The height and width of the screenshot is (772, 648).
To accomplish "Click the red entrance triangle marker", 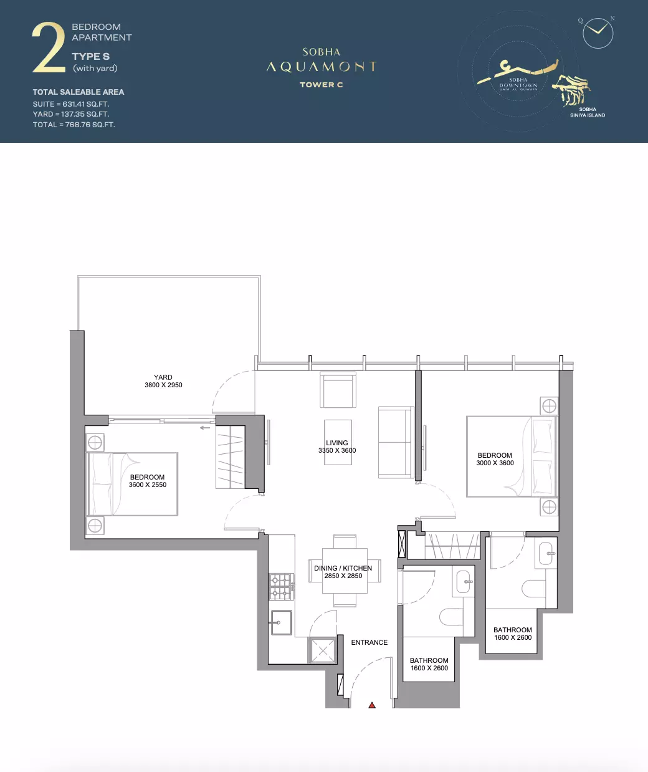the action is tap(372, 705).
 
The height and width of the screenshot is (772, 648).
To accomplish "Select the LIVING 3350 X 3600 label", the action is tap(337, 446).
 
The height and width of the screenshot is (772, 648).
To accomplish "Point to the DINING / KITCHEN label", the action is tap(343, 568).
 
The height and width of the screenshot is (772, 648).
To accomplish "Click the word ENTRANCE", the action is tap(369, 642).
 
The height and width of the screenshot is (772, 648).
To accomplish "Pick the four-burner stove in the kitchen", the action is tap(282, 586).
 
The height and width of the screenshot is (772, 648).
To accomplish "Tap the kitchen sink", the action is tap(282, 622).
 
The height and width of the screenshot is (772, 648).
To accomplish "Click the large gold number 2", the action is tap(49, 47).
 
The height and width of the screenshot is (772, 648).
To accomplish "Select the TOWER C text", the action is tap(322, 85).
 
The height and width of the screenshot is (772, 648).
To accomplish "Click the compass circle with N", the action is tap(598, 33).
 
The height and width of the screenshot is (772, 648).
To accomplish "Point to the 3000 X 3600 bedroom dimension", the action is tap(495, 463).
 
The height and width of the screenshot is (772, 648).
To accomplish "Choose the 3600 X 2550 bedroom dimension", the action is tap(148, 485).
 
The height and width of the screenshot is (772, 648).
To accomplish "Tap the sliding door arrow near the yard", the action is tap(204, 428).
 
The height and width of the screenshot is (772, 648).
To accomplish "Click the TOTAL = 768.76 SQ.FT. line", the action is tap(74, 125).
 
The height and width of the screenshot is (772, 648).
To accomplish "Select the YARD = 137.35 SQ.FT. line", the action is tap(71, 114).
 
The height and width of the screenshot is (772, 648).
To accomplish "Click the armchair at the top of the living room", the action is tap(338, 390).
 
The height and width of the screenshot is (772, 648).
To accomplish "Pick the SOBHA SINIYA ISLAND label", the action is tap(588, 112).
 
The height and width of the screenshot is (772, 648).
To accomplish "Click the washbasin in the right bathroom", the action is tap(546, 554).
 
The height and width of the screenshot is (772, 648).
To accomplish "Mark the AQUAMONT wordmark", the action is tap(322, 67).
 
